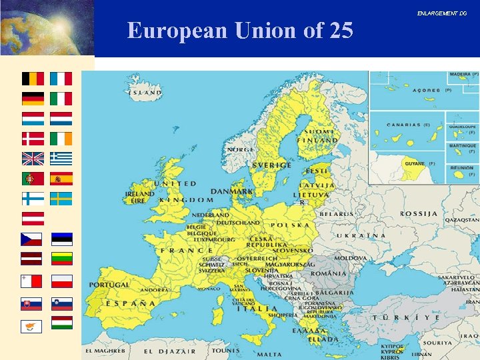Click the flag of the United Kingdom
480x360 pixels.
coord(33,159)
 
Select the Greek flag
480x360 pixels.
coord(61,159)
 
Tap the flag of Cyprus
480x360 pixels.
coord(32,326)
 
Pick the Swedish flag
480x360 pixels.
coord(61,199)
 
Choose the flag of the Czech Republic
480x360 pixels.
coord(32,239)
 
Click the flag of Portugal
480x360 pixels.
coord(33,179)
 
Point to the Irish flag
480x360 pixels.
coord(61,139)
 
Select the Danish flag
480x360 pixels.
coord(33,139)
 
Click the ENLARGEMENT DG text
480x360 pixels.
coord(442,13)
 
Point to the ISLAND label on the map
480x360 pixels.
coord(146,93)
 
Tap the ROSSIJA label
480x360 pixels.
coord(419,214)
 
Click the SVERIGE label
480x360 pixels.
coord(271,165)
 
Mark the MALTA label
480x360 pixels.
coord(269,355)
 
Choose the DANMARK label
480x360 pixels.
coord(232,191)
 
